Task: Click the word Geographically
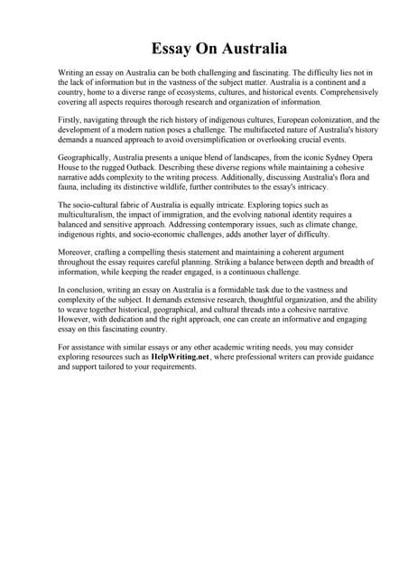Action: [x=88, y=157]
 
